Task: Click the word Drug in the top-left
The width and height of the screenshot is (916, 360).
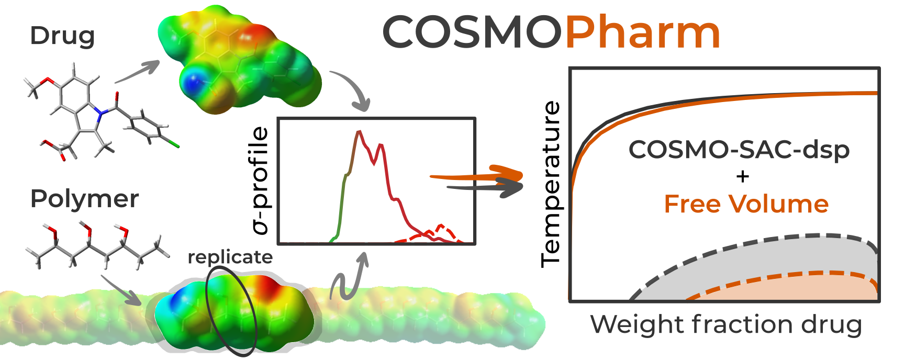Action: [x=62, y=36]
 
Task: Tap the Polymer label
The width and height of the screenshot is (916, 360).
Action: [x=84, y=199]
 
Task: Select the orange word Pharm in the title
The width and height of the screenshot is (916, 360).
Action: [x=643, y=32]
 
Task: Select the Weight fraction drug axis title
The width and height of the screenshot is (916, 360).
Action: [x=726, y=324]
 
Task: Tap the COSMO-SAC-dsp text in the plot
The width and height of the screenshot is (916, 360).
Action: [x=739, y=150]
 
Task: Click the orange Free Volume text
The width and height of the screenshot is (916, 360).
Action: [x=746, y=204]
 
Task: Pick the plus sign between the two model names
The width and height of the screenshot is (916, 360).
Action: [x=742, y=176]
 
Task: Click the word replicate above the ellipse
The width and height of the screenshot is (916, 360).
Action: [x=230, y=257]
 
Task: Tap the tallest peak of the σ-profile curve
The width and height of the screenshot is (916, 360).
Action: [x=359, y=132]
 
